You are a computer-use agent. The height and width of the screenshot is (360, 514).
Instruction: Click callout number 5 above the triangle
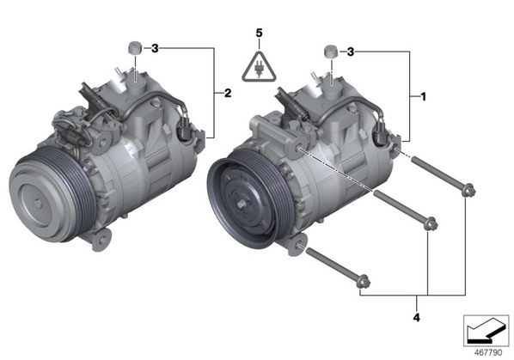(259, 34)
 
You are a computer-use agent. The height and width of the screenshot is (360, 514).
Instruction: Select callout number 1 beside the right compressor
(423, 96)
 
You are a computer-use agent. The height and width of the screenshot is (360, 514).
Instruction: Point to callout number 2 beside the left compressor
(228, 94)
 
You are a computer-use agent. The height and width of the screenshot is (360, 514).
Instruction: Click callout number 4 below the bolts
(416, 317)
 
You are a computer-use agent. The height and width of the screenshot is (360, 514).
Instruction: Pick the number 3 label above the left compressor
(155, 49)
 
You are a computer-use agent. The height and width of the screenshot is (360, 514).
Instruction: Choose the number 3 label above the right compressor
(351, 52)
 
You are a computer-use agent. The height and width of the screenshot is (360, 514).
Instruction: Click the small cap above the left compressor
(134, 48)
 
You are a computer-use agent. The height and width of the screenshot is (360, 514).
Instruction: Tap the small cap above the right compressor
(331, 52)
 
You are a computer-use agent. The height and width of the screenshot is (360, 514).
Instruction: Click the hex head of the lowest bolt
(364, 282)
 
